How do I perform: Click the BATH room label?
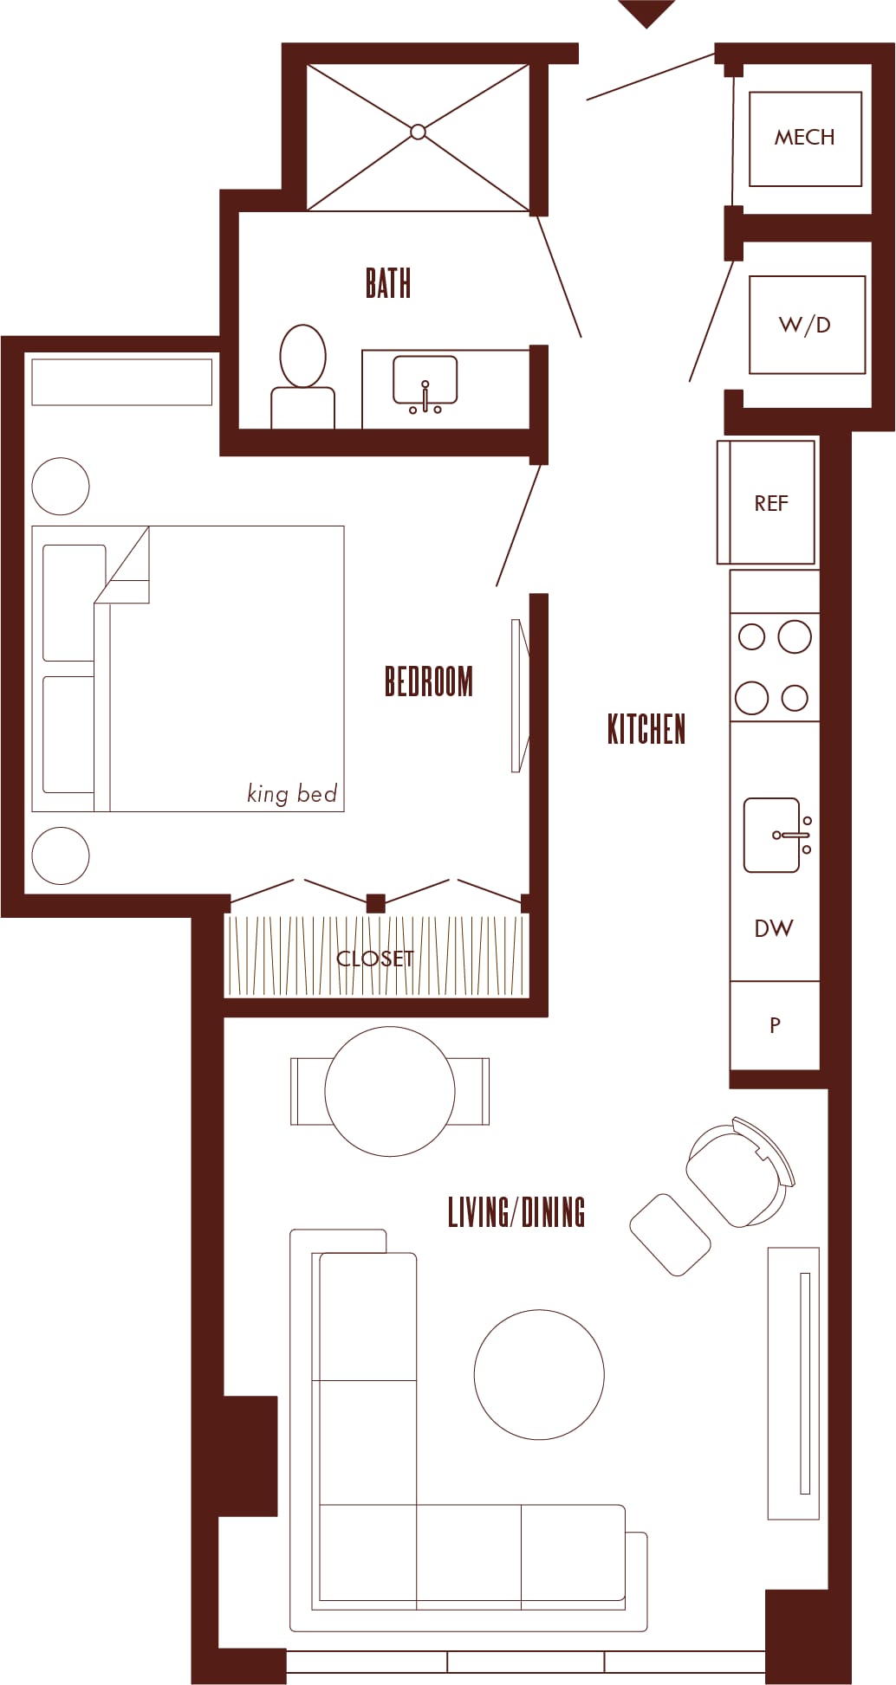pyautogui.click(x=388, y=283)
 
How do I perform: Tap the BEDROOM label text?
pyautogui.click(x=429, y=681)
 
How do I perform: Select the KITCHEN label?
pyautogui.click(x=646, y=729)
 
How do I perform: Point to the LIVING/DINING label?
pyautogui.click(x=516, y=1212)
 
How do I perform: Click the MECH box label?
pyautogui.click(x=805, y=137)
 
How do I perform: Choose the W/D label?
pyautogui.click(x=805, y=325)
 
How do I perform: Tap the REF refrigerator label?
pyautogui.click(x=771, y=503)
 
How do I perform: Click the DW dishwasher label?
pyautogui.click(x=774, y=928)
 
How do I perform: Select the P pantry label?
pyautogui.click(x=775, y=1025)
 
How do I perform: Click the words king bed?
pyautogui.click(x=292, y=793)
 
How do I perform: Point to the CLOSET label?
pyautogui.click(x=375, y=959)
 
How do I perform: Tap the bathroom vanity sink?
pyautogui.click(x=425, y=382)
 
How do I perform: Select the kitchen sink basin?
pyautogui.click(x=772, y=835)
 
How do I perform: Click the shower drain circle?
pyautogui.click(x=418, y=132)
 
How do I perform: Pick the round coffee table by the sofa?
pyautogui.click(x=539, y=1374)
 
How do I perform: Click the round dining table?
pyautogui.click(x=390, y=1091)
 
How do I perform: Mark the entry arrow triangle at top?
pyautogui.click(x=646, y=12)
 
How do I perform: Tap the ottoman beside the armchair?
pyautogui.click(x=671, y=1235)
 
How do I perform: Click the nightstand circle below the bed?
pyautogui.click(x=61, y=855)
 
